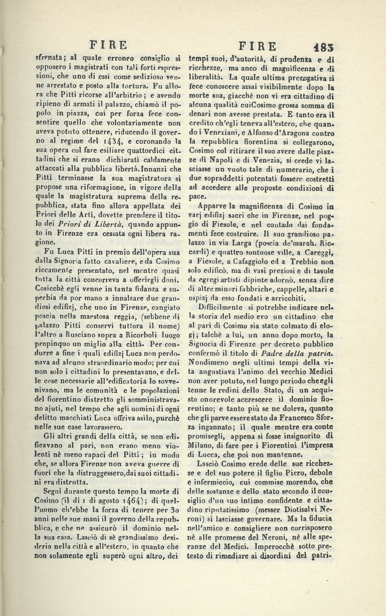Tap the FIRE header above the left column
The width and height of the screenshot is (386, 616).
(109, 45)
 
